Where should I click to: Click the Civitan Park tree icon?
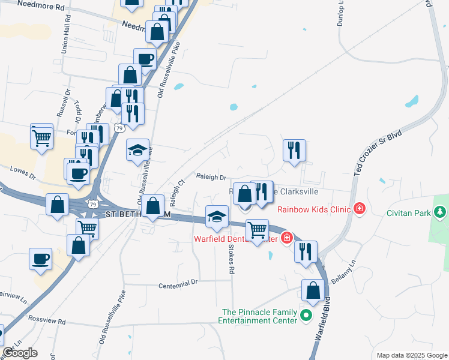440,212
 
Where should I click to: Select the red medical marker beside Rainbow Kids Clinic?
360,209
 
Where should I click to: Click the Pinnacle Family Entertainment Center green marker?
306,314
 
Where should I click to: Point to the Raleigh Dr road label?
211,177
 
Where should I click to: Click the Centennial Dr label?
178,284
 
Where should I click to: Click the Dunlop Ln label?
341,11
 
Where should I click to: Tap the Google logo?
20,352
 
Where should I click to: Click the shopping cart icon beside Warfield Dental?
257,230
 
